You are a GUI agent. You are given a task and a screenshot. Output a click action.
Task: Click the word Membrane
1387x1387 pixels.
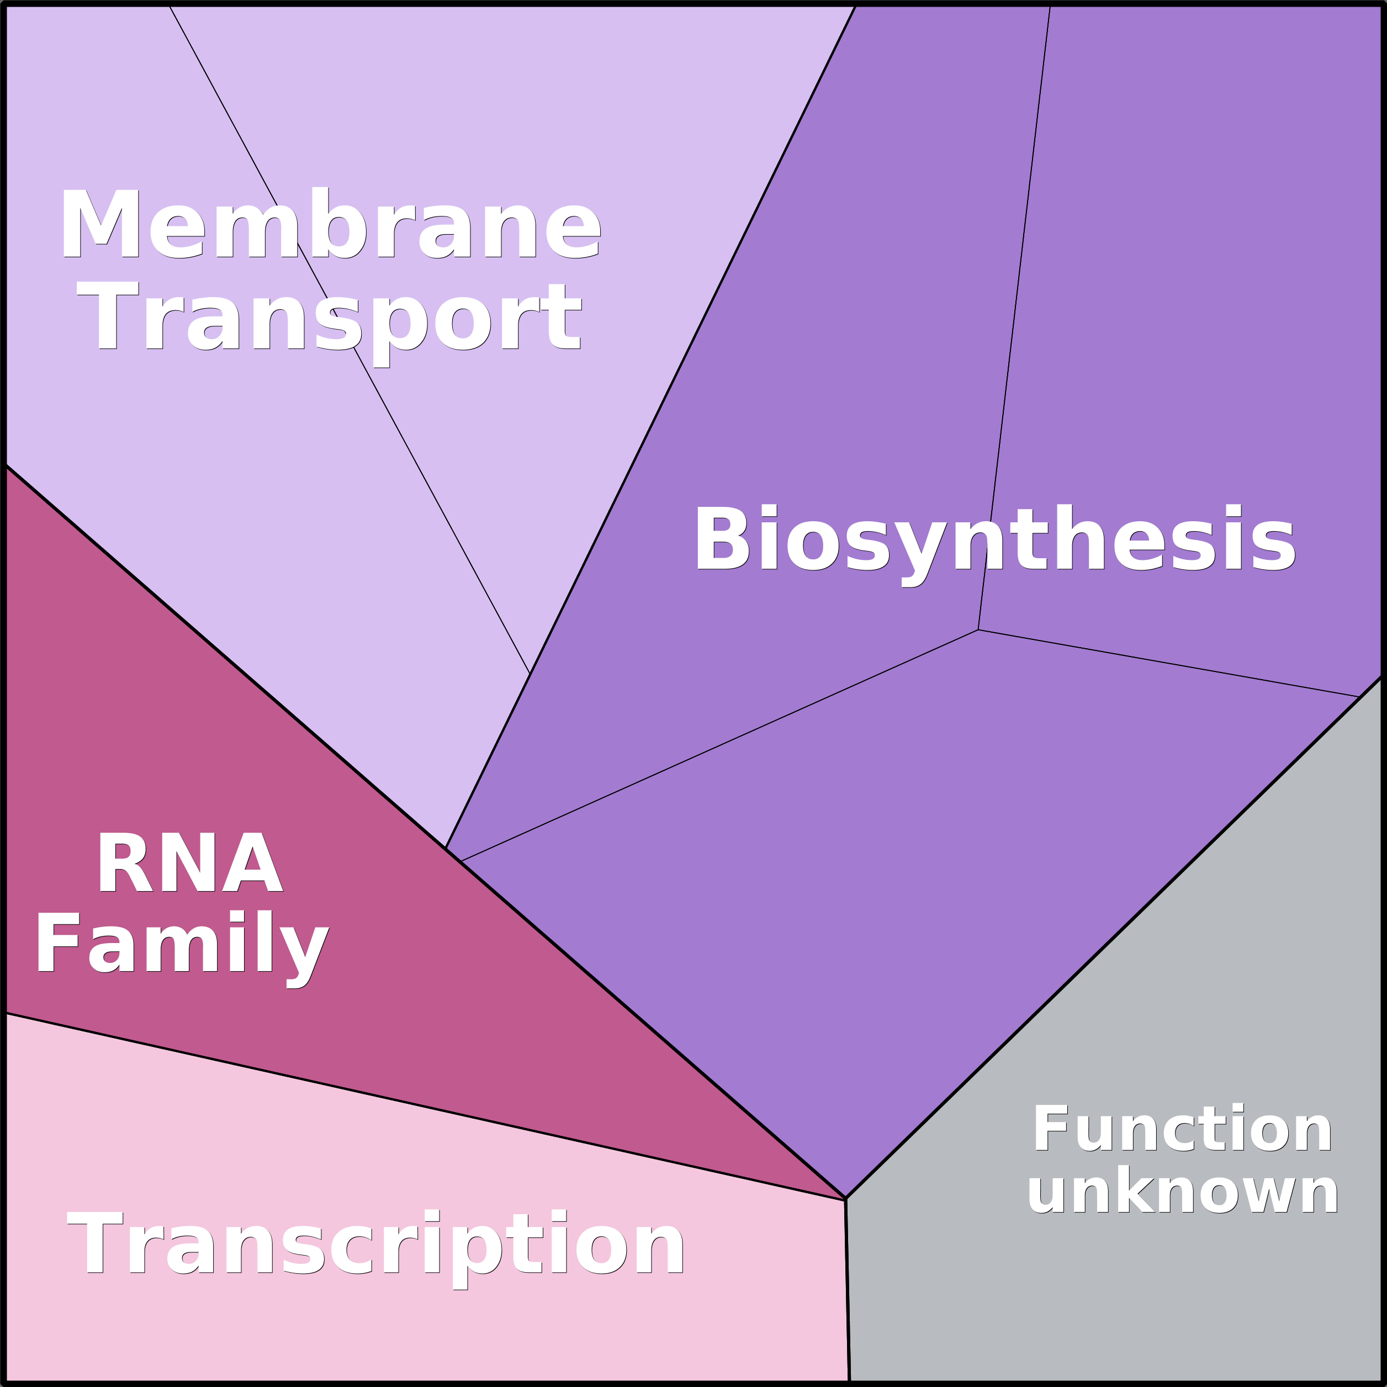[330, 223]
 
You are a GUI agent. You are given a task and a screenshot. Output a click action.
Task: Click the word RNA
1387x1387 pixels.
[190, 861]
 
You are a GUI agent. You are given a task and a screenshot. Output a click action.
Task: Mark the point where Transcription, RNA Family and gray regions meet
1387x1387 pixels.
[846, 1200]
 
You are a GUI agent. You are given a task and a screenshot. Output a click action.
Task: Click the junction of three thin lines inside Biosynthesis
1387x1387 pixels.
[978, 629]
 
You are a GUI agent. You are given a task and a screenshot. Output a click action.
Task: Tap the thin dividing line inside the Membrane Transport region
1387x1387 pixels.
[349, 339]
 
